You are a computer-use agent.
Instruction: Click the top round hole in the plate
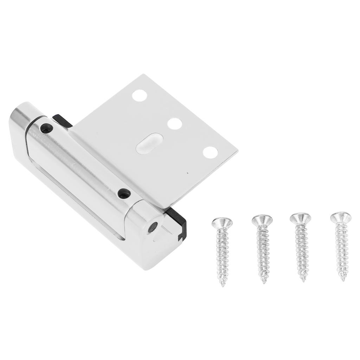(140, 96)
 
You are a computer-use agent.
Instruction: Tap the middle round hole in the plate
(175, 124)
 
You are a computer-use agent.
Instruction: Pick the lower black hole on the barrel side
(123, 193)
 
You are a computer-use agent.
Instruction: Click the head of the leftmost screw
(222, 223)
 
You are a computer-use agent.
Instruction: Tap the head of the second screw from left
(262, 220)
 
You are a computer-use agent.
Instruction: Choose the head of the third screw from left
(301, 218)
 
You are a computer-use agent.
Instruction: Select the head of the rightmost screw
(340, 217)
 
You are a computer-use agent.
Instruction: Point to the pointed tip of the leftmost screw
(223, 284)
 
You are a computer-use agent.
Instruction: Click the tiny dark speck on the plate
(188, 173)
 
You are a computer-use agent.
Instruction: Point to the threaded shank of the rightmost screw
(342, 250)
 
